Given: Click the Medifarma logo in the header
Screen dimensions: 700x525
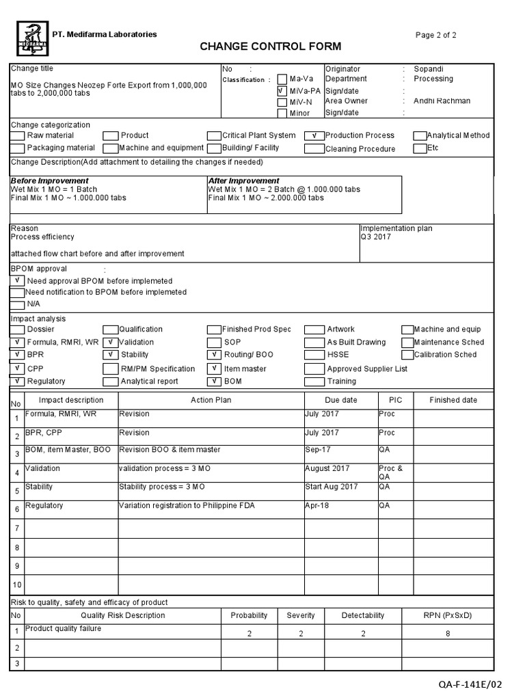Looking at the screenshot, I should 32,38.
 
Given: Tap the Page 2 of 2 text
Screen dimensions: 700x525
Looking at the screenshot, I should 436,35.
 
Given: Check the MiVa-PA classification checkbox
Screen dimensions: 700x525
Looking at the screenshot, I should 282,90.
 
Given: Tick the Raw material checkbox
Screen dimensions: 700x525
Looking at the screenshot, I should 18,135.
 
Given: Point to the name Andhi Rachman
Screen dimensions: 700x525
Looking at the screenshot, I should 442,101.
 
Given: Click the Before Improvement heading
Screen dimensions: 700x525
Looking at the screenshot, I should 49,181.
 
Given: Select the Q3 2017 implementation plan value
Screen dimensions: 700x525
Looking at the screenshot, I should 374,238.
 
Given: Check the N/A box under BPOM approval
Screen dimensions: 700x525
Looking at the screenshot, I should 18,304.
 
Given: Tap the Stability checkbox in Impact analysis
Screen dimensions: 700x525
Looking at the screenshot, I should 110,355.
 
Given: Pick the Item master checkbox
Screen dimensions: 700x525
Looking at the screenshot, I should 213,368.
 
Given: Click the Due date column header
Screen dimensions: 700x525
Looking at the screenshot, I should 340,400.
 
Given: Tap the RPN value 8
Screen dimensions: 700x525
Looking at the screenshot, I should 448,634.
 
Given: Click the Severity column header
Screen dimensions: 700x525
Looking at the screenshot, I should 301,615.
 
